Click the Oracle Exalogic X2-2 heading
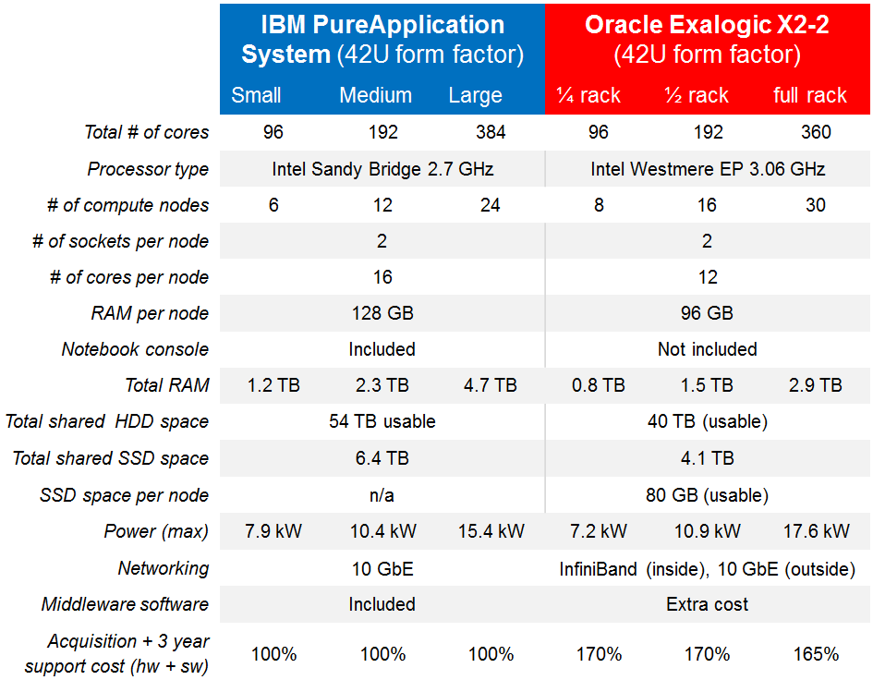tap(707, 39)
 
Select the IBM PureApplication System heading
tap(382, 39)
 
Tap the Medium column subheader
tap(375, 95)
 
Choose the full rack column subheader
tap(810, 95)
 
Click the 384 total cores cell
tap(491, 132)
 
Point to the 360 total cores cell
tap(816, 132)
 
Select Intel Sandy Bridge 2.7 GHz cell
tap(382, 169)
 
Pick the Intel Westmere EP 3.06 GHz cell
tap(708, 169)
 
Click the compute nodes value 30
tap(816, 205)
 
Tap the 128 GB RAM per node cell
tap(382, 313)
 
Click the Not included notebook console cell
tap(708, 349)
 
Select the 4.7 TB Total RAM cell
tap(491, 385)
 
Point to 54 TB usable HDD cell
tap(382, 421)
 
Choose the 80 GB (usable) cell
tap(708, 495)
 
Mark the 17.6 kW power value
tap(816, 531)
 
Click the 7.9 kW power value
tap(273, 531)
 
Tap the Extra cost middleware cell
tap(708, 604)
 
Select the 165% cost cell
tap(816, 654)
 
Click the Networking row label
tap(164, 568)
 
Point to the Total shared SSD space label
tap(111, 458)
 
